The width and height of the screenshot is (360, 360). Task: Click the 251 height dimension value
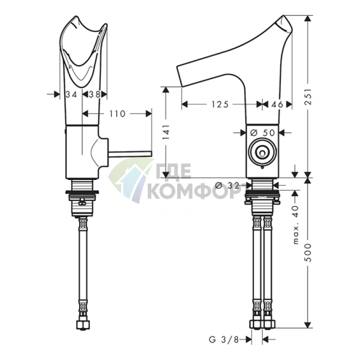click(308, 96)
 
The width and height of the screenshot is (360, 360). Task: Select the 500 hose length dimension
click(308, 253)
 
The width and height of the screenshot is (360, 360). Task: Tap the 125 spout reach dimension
click(220, 105)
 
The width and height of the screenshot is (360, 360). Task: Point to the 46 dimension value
click(277, 105)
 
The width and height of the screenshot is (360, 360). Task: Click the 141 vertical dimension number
click(166, 132)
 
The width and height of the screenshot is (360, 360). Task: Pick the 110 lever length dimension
click(118, 114)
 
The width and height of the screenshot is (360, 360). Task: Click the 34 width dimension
click(71, 94)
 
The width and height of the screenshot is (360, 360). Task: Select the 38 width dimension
click(94, 94)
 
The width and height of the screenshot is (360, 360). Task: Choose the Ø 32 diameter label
click(227, 186)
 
